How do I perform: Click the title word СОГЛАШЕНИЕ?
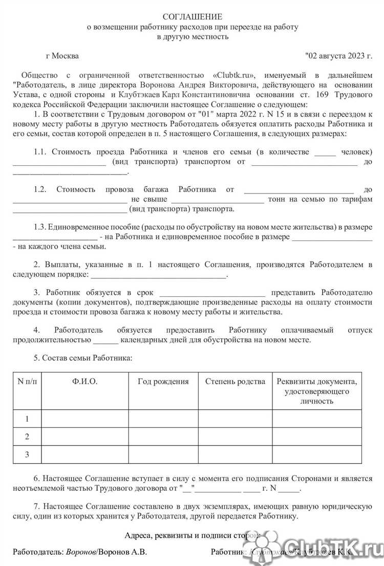point(192,17)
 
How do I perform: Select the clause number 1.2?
point(41,189)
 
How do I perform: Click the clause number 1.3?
point(41,227)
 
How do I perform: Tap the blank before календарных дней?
point(106,339)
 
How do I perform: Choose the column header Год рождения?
point(163,381)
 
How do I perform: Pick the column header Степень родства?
point(235,381)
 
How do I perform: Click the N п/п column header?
point(27,381)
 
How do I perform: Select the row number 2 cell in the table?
point(27,437)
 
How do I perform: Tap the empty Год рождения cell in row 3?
point(163,454)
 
